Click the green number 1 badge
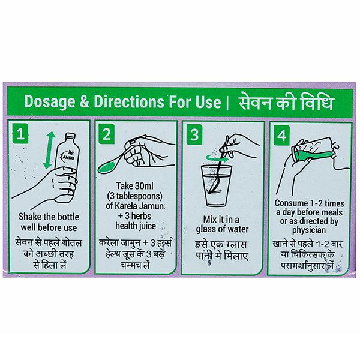tap(20, 134)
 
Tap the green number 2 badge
tap(107, 134)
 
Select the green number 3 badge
tap(194, 134)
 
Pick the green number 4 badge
tap(282, 135)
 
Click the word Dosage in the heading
tap(50, 101)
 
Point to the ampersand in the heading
tap(85, 101)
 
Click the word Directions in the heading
tap(129, 101)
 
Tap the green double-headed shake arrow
tap(49, 149)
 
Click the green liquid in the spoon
tap(106, 167)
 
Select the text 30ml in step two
tap(142, 186)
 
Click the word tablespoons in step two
tap(137, 196)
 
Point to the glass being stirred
tap(216, 185)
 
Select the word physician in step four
tap(309, 230)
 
